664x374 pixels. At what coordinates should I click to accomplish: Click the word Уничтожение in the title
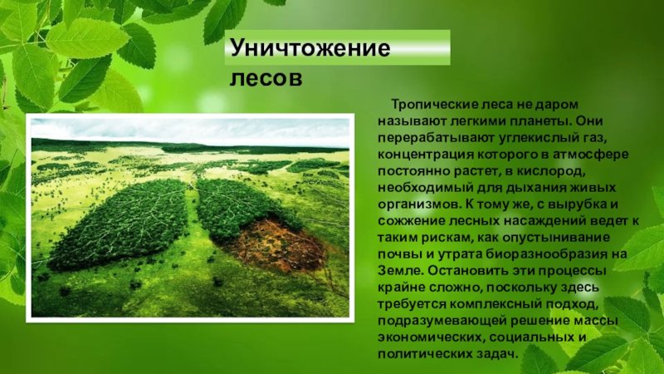coord(310,47)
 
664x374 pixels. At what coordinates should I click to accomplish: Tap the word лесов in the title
coord(266,78)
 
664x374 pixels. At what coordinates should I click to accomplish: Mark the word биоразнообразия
coord(546,254)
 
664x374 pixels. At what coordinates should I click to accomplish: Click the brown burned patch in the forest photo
coord(277,245)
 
